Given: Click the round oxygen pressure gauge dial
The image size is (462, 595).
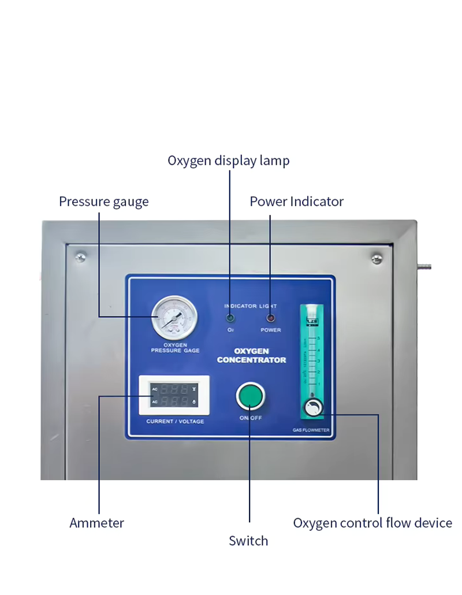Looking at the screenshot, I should click(174, 318).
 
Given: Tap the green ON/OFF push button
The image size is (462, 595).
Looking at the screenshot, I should click(250, 397).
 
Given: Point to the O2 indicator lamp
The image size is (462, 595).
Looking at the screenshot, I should click(230, 318).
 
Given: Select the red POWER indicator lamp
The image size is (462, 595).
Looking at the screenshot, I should click(270, 318).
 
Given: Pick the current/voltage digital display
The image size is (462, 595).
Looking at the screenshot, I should click(174, 395).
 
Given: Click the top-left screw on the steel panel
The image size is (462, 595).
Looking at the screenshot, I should click(81, 256).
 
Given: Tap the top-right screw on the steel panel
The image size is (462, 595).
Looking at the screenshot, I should click(377, 258).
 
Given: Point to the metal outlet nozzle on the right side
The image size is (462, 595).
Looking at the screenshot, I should click(424, 267).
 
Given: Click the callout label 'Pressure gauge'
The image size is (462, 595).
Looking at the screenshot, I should click(104, 202).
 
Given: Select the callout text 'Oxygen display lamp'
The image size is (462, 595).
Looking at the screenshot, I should click(229, 160).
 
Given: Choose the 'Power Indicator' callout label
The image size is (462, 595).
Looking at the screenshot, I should click(296, 202).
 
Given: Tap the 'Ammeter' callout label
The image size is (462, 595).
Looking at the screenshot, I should click(97, 523).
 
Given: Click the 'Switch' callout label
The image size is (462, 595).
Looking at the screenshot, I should click(248, 541).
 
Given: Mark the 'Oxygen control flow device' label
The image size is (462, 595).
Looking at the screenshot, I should click(372, 523).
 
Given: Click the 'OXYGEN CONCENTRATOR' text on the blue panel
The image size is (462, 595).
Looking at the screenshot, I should click(251, 355).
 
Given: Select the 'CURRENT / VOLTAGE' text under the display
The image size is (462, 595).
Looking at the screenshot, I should click(175, 422).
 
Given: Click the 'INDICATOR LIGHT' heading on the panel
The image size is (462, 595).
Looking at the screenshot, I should click(251, 306).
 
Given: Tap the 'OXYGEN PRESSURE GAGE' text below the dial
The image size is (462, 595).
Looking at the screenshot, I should click(174, 348).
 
